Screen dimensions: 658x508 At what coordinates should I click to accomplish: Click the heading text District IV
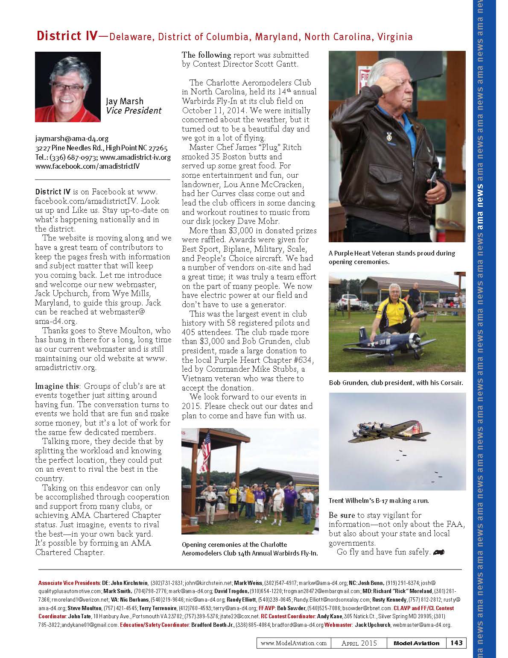(67, 36)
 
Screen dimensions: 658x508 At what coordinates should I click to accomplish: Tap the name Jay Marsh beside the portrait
(125, 101)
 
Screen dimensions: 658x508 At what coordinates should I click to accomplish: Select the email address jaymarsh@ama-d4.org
(72, 138)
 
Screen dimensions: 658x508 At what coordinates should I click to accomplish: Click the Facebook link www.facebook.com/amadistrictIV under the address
(88, 167)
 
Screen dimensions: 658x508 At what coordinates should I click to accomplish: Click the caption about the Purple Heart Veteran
(391, 257)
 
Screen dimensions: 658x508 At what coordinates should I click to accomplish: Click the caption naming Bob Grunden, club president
(396, 382)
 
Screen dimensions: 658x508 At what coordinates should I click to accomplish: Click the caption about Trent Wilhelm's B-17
(379, 500)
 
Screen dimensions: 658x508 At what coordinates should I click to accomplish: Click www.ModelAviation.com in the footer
(294, 643)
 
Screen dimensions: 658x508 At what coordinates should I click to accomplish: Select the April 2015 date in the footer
(359, 643)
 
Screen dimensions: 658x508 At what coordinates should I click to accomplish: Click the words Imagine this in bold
(57, 386)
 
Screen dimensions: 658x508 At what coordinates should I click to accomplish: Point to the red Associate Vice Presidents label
(69, 583)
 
